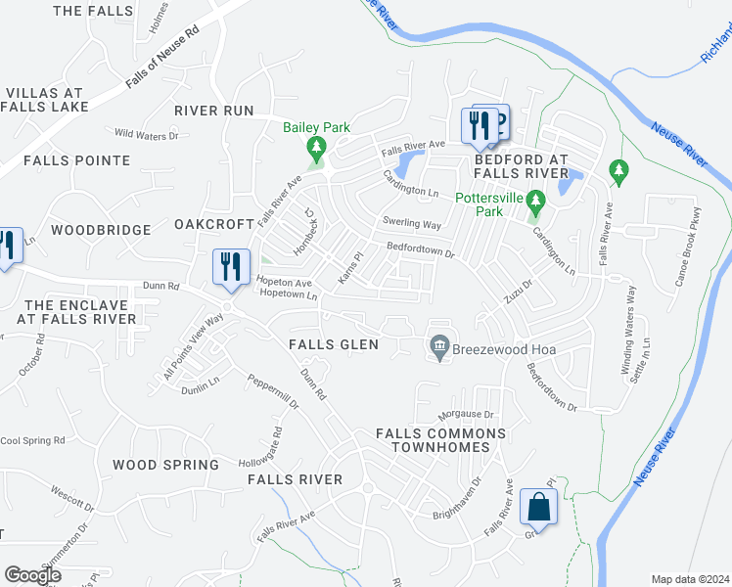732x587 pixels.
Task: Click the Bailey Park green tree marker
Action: coord(316,149)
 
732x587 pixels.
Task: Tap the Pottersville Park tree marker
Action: coord(534,203)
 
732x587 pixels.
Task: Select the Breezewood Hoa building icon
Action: coord(440,346)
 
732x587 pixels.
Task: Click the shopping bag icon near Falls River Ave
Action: coord(538,507)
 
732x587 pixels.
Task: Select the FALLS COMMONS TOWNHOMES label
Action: coord(440,440)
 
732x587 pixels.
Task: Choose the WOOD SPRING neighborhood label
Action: coord(165,465)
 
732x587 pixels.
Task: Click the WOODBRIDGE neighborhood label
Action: coord(101,230)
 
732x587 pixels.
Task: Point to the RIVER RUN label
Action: coord(214,111)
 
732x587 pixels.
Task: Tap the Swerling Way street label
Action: coord(412,224)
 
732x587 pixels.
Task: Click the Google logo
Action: coord(32,575)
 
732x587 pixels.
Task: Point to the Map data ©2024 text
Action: coord(690,579)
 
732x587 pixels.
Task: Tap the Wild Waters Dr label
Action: coord(147,134)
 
